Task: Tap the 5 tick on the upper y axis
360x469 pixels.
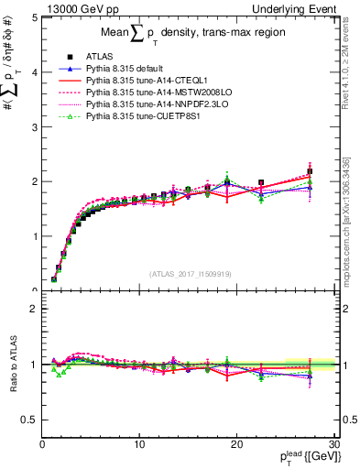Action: [x=34, y=17]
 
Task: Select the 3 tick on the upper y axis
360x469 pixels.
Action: [x=34, y=126]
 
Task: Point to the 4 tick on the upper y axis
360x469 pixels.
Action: [x=34, y=72]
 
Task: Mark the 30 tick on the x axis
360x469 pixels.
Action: [x=334, y=444]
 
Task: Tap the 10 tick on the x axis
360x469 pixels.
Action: [x=139, y=444]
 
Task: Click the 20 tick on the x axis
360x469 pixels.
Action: [x=236, y=444]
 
